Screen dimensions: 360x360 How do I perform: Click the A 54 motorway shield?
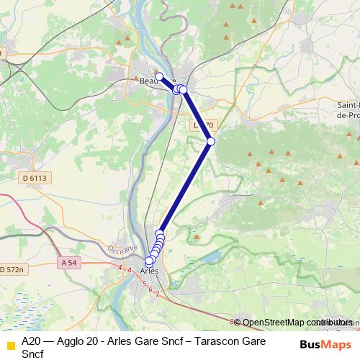(x=69, y=263)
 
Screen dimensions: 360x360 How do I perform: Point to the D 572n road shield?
(x=11, y=269)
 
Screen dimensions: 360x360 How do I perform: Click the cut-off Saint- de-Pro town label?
(x=349, y=109)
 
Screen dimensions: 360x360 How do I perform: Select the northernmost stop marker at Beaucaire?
(x=159, y=76)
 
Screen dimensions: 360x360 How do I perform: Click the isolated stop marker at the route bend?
(x=211, y=141)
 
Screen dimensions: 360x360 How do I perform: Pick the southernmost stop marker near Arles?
(x=149, y=261)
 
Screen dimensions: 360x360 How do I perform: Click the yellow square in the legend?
(x=10, y=347)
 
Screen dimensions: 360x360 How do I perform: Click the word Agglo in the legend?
(x=70, y=341)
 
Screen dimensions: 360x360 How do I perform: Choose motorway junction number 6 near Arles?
(x=150, y=289)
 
